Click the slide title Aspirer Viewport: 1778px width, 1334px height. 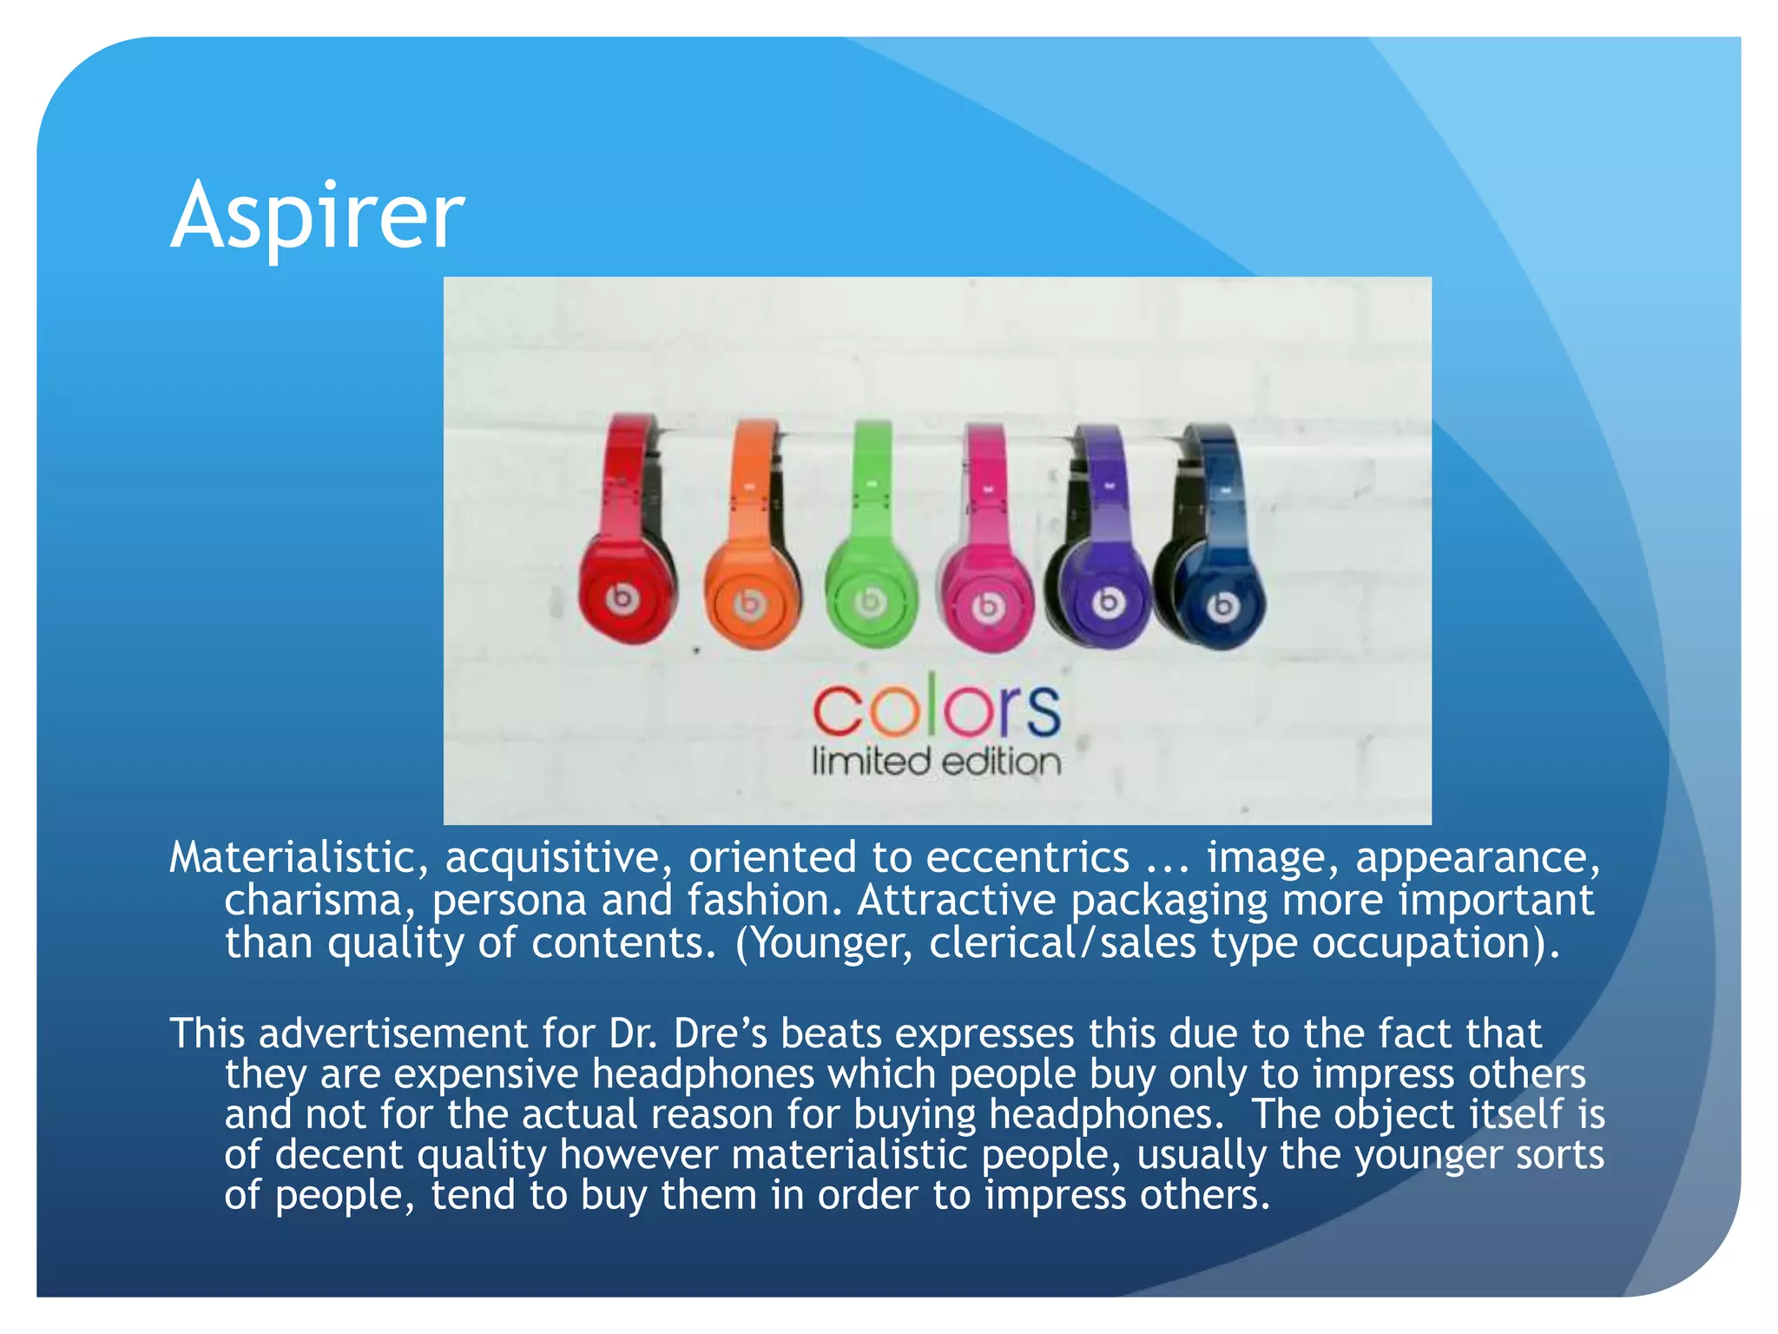[x=318, y=215]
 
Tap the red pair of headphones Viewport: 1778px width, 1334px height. [x=627, y=547]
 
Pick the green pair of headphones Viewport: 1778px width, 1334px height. [x=871, y=556]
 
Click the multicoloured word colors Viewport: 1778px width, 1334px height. [x=937, y=707]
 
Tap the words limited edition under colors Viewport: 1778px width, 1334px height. [x=937, y=763]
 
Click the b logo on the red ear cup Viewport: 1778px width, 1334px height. [x=622, y=598]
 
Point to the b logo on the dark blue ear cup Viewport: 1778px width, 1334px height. [x=1222, y=606]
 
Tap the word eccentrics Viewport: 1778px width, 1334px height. [x=1027, y=858]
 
